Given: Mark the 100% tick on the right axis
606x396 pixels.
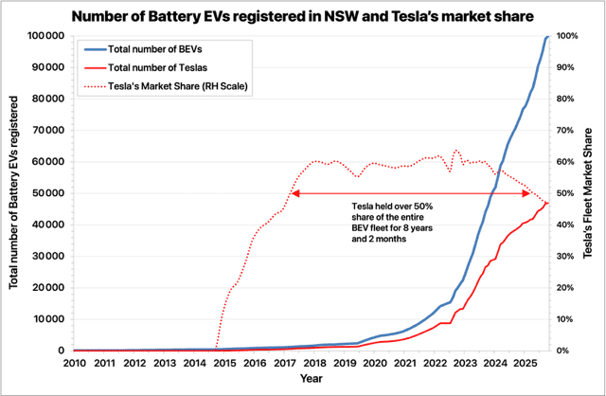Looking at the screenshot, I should click(567, 36).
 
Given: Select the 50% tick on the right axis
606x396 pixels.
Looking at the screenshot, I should click(566, 193).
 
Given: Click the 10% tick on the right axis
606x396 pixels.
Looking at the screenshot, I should click(566, 319).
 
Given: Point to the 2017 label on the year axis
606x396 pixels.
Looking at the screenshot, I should click(285, 363).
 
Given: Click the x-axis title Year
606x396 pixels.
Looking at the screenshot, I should click(312, 380).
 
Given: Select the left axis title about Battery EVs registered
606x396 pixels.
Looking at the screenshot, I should click(13, 193).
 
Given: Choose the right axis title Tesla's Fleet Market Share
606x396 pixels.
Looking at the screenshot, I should click(593, 193).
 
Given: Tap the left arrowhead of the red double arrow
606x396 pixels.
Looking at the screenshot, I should click(294, 193).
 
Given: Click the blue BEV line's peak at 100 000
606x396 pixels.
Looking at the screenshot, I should click(547, 36).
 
